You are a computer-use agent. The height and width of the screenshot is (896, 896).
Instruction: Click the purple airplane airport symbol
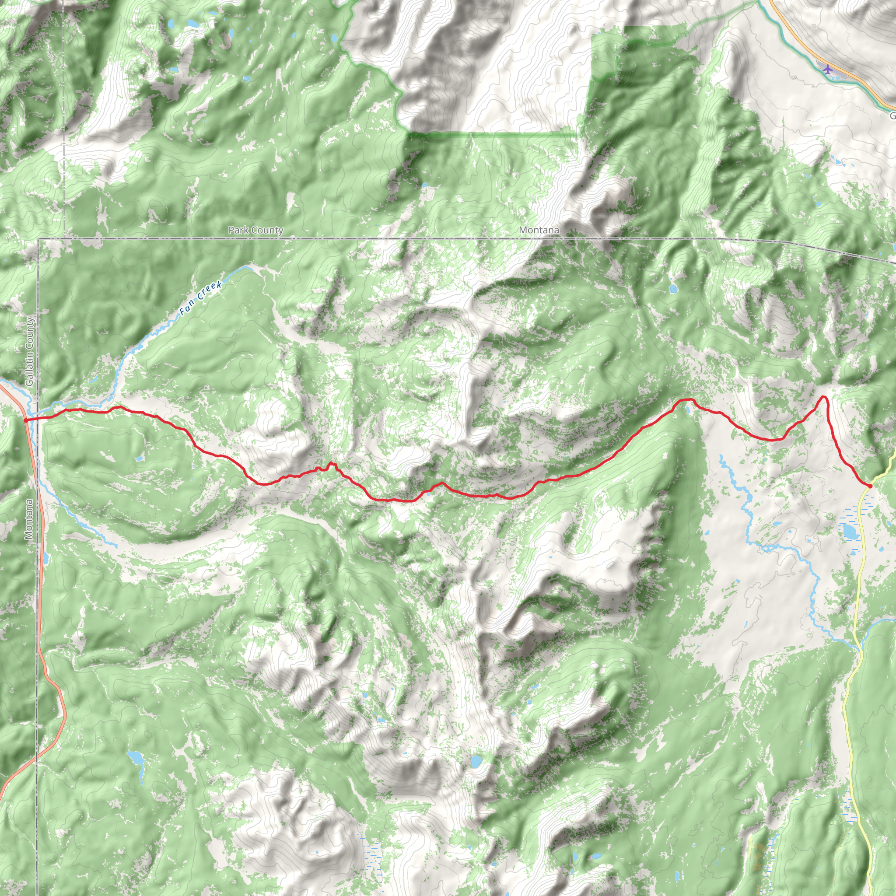pos(827,69)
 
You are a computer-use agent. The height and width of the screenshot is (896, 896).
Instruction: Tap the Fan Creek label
pos(201,299)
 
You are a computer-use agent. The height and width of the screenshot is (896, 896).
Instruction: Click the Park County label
pos(255,230)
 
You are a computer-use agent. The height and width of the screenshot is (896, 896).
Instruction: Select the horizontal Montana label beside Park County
pos(539,230)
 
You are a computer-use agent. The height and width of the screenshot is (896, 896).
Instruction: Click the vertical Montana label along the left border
pos(29,519)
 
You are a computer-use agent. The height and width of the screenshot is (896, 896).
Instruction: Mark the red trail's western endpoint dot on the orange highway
pos(25,420)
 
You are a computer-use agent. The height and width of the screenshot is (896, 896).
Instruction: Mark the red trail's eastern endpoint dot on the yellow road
pos(870,486)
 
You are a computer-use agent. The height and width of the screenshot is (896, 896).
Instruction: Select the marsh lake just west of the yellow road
pos(850,531)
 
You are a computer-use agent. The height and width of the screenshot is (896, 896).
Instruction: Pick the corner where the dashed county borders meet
pos(38,239)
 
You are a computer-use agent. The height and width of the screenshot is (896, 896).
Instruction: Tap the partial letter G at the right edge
pos(893,115)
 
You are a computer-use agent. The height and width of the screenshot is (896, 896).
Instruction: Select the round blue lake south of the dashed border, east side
pos(673,289)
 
